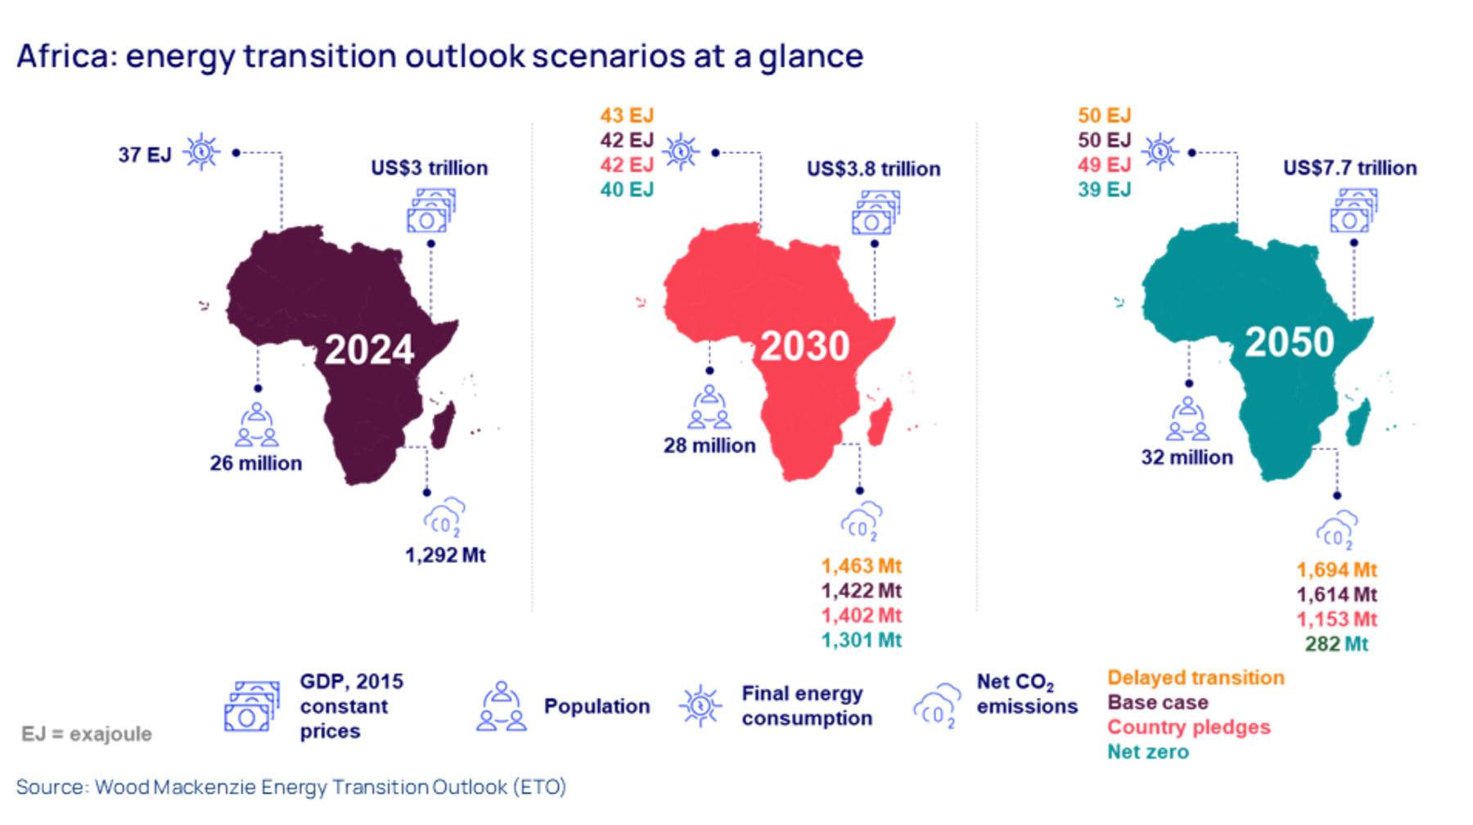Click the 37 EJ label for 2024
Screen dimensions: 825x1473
(x=145, y=155)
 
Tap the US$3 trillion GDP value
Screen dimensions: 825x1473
(x=429, y=168)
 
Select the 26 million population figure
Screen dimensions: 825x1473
(x=256, y=463)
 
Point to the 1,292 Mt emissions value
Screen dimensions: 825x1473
(x=445, y=555)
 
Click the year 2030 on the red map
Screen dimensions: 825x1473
(x=805, y=346)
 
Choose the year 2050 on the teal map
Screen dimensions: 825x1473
(x=1289, y=342)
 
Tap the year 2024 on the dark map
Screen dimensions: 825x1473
(x=369, y=350)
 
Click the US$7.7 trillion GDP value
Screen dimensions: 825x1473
(x=1349, y=168)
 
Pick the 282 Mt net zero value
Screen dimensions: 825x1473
(x=1336, y=644)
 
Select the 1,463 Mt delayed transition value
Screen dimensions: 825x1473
(x=861, y=566)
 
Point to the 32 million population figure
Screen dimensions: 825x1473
(x=1187, y=458)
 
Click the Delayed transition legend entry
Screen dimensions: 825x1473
(x=1196, y=678)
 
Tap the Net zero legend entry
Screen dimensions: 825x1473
(x=1147, y=751)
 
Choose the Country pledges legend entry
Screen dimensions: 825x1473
(x=1188, y=727)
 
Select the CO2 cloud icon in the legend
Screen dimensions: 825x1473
(x=936, y=706)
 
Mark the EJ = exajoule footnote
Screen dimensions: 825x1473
(x=87, y=733)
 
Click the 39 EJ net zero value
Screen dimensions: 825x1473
(x=1104, y=190)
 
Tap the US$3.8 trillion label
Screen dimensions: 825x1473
(x=873, y=169)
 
